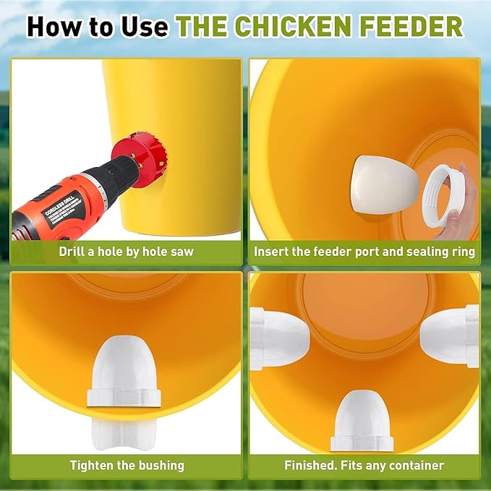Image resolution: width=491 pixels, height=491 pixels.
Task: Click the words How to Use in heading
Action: tap(98, 27)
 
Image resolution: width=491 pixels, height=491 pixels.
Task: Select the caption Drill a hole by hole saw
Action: tap(127, 252)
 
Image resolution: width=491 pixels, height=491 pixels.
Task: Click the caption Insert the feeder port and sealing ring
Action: tap(364, 252)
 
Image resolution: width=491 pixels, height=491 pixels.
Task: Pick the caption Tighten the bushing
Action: tap(127, 465)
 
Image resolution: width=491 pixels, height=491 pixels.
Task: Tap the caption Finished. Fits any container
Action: tap(364, 465)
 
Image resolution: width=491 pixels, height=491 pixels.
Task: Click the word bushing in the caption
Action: tap(161, 465)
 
